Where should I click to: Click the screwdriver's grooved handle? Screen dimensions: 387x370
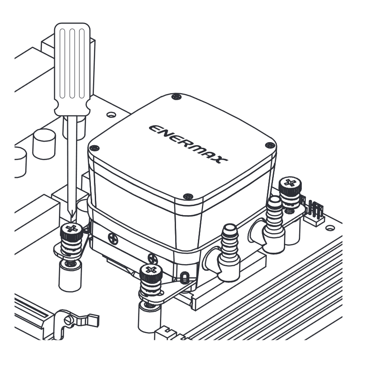click(72, 69)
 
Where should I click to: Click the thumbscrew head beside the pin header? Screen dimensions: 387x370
click(290, 185)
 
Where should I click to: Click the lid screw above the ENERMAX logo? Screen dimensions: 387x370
click(176, 96)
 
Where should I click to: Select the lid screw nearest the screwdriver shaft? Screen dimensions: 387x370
click(94, 148)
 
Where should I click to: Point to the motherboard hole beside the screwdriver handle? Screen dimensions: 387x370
click(111, 115)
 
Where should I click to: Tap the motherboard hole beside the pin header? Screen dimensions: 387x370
click(330, 228)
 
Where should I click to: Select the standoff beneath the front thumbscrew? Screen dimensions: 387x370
click(149, 317)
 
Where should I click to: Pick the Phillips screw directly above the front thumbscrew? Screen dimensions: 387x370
click(153, 258)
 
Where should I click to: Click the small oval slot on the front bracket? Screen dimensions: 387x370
click(184, 278)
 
